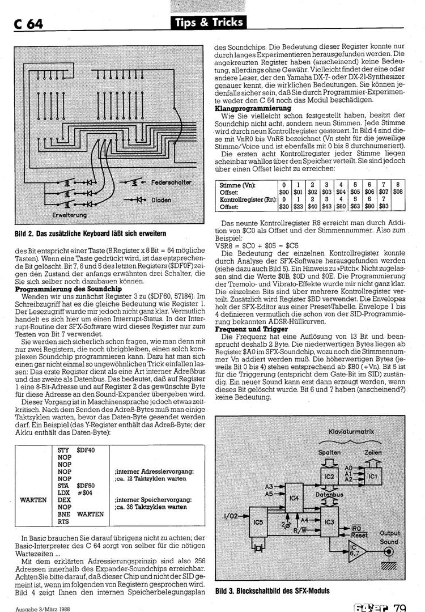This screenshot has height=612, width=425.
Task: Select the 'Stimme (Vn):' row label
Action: [237, 185]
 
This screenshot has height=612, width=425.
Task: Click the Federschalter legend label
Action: [172, 182]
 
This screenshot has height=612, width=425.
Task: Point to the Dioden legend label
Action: [161, 200]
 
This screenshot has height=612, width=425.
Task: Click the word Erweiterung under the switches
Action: [70, 215]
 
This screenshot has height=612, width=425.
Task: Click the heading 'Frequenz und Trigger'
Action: [248, 329]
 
